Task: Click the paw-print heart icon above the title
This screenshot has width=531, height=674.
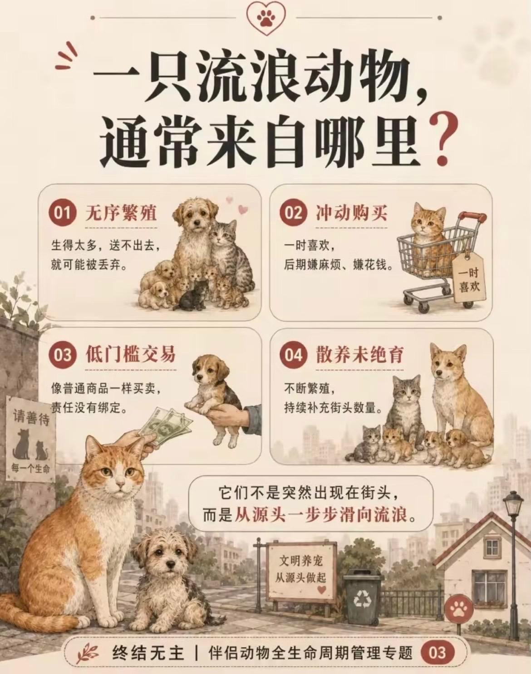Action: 266,19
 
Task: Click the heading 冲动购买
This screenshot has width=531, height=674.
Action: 351,213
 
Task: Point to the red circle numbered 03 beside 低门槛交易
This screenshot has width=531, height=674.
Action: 62,356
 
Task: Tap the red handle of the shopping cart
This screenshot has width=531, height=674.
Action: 474,216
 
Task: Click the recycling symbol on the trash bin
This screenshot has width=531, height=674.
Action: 363,590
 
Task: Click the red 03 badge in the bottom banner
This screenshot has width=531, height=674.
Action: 438,652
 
